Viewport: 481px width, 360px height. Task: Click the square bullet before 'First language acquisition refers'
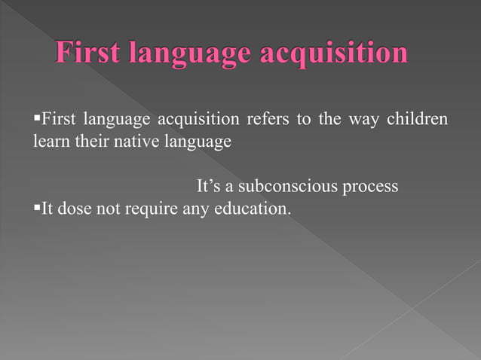(37, 119)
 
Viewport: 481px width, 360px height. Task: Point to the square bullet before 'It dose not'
(37, 208)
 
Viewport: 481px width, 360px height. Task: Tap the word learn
(50, 141)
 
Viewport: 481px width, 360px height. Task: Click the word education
(253, 209)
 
